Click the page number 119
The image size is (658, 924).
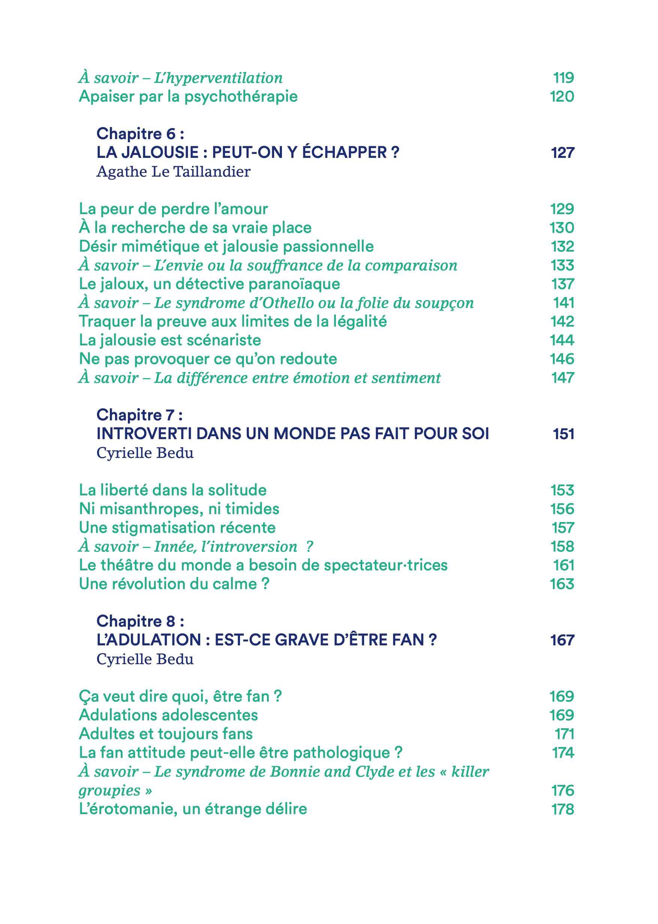[x=564, y=77]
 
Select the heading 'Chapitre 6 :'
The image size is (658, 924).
[x=140, y=133]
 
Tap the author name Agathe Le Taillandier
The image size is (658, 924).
[x=174, y=172]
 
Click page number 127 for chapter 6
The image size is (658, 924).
[x=562, y=153]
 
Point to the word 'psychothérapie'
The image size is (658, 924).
[x=241, y=97]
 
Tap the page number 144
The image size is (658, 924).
[x=562, y=340]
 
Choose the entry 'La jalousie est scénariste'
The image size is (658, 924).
[x=170, y=340]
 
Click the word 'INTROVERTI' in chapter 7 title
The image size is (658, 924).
[x=144, y=433]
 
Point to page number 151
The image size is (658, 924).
[x=563, y=434]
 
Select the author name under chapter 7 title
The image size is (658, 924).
[x=145, y=453]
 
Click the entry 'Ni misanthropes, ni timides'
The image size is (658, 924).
[x=179, y=509]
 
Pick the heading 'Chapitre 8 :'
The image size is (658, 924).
[x=140, y=621]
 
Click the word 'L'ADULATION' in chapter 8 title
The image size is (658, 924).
[x=149, y=640]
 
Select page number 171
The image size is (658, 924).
[x=564, y=734]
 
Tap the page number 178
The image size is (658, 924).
[x=562, y=809]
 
